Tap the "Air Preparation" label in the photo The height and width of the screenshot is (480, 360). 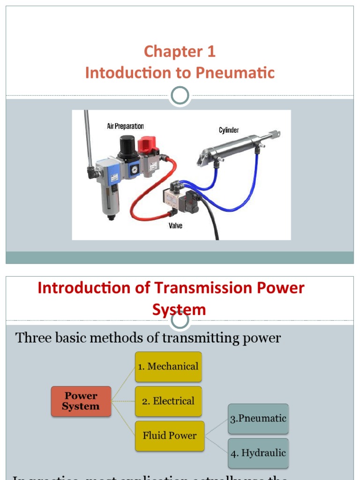(125, 126)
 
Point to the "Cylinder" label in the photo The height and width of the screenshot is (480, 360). (229, 130)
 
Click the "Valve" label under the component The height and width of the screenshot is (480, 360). (175, 226)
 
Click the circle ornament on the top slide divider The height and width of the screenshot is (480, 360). (180, 96)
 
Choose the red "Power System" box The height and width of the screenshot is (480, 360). (81, 402)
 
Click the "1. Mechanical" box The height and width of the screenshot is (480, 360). (168, 367)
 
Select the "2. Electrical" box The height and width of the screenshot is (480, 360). (168, 401)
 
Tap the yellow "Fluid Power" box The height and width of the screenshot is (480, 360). (170, 436)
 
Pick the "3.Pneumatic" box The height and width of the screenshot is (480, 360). (258, 419)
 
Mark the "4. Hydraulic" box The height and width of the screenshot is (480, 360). (258, 453)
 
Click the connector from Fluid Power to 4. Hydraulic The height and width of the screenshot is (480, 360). (216, 444)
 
